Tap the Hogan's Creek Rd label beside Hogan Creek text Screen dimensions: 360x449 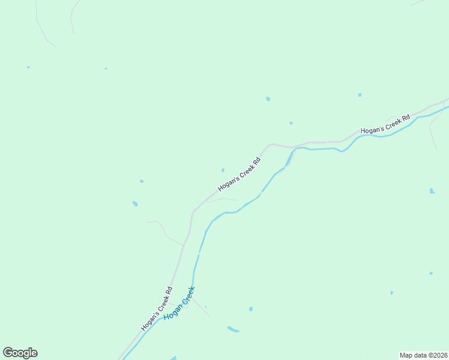pos(157,308)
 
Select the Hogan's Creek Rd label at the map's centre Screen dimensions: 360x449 pos(240,174)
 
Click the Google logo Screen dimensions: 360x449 pos(20,353)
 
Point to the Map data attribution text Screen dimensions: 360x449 pos(423,355)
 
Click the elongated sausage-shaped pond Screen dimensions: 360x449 pos(233,329)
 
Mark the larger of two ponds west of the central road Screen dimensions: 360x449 pos(135,203)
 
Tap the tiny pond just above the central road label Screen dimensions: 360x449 pos(223,170)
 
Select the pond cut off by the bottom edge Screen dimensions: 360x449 pos(173,358)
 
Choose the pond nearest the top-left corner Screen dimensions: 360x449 pos(28,67)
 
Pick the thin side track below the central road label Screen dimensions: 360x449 pos(222,200)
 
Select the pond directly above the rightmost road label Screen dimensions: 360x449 pos(360,95)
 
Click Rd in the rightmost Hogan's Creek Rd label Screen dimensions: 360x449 pos(405,116)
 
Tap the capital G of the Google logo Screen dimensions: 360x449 pos(8,353)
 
